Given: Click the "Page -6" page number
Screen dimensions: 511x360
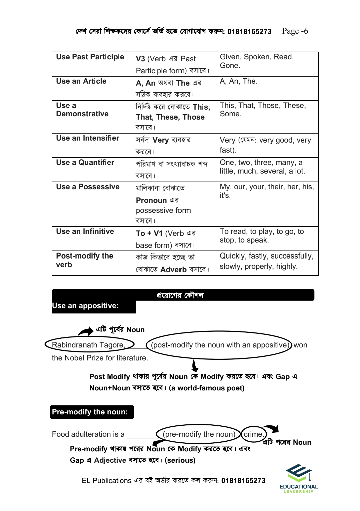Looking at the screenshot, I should click(295, 31).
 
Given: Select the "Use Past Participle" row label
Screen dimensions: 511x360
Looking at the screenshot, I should click(90, 57).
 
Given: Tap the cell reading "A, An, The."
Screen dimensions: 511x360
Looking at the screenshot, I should click(238, 81).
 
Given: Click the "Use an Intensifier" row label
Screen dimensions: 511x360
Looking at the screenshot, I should click(87, 138).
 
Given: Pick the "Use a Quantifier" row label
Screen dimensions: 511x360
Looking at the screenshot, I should click(85, 163).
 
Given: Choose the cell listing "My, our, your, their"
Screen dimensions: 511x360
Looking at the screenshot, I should click(266, 191).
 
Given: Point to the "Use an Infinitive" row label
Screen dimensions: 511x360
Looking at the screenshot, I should click(85, 232).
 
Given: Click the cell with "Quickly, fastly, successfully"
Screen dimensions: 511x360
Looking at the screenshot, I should click(266, 261).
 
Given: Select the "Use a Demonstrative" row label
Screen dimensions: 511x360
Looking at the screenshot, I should click(82, 110).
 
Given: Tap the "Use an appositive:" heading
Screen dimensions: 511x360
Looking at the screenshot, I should click(85, 306).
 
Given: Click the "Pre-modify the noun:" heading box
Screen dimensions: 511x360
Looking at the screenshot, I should click(90, 412).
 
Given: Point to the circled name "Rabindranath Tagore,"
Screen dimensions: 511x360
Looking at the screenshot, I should click(89, 345).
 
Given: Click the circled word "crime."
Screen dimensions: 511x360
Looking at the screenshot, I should click(254, 434).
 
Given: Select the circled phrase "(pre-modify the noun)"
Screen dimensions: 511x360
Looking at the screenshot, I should click(199, 434).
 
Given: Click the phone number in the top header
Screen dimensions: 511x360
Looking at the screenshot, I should click(249, 32).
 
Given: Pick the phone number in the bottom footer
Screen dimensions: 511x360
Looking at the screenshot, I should click(243, 481).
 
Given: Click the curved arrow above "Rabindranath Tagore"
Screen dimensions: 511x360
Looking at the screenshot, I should click(86, 331).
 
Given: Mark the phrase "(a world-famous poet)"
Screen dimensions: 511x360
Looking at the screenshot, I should click(207, 388).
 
